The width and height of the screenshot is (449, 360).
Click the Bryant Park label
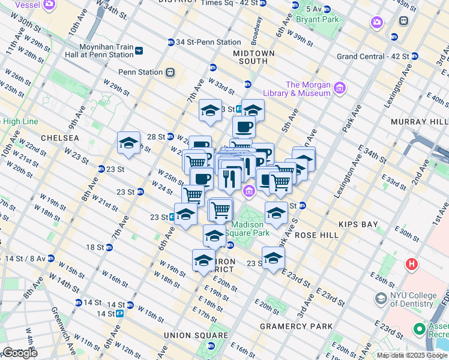pyautogui.click(x=317, y=19)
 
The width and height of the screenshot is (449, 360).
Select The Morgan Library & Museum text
pyautogui.click(x=308, y=89)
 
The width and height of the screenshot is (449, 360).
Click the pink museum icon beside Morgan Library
pyautogui.click(x=340, y=88)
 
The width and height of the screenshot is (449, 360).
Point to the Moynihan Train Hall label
pyautogui.click(x=106, y=50)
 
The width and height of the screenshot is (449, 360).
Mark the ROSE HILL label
pyautogui.click(x=317, y=235)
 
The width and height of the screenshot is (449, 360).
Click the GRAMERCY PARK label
pyautogui.click(x=296, y=326)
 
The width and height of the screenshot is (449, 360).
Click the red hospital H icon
pyautogui.click(x=412, y=263)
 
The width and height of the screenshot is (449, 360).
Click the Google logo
pyautogui.click(x=19, y=353)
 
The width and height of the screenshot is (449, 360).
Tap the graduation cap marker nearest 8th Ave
pyautogui.click(x=128, y=143)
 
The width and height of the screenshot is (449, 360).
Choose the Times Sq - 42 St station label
pyautogui.click(x=231, y=3)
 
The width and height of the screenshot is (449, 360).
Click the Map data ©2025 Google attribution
pyautogui.click(x=412, y=355)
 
